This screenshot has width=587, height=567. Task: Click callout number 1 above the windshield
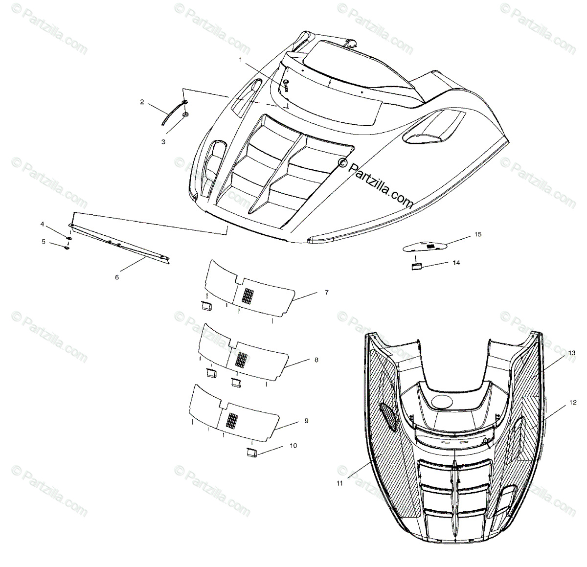coord(241,59)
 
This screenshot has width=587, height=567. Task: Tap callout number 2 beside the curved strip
coord(142,102)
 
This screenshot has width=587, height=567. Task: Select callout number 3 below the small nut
coord(163,141)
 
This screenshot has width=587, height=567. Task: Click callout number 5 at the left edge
coord(43,241)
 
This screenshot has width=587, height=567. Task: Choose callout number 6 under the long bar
coord(117,277)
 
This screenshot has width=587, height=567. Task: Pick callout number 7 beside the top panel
coord(326,293)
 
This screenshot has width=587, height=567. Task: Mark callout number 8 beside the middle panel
coord(316,360)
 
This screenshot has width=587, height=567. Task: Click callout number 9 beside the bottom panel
coord(306,421)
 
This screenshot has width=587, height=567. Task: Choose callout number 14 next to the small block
coord(456,263)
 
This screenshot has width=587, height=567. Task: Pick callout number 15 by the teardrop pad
coord(478,234)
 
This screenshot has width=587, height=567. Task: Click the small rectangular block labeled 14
coord(416,266)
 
